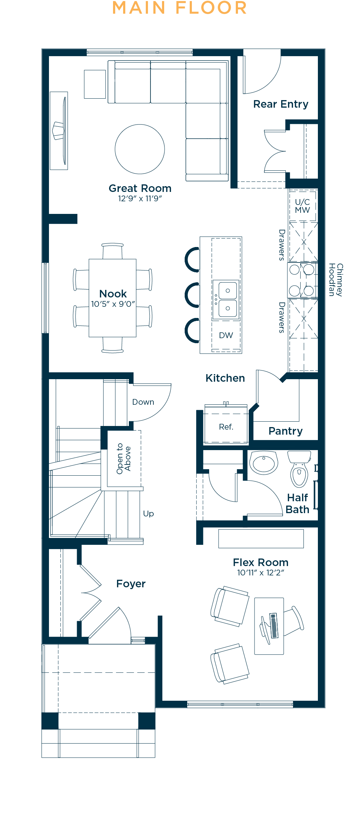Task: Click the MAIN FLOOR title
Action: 180,8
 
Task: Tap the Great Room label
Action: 140,188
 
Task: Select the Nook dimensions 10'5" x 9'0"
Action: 113,304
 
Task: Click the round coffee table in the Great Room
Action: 140,149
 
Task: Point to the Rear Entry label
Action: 281,104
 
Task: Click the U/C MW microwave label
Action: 302,206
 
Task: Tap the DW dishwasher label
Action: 226,335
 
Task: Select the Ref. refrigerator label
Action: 226,427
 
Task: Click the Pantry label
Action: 285,431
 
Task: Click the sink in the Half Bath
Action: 264,463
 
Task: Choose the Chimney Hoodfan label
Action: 336,280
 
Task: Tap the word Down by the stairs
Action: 143,402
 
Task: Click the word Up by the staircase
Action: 148,514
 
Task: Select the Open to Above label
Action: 123,458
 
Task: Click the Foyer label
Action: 131,584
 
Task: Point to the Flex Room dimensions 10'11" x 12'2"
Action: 261,573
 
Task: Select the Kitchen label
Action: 225,378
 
